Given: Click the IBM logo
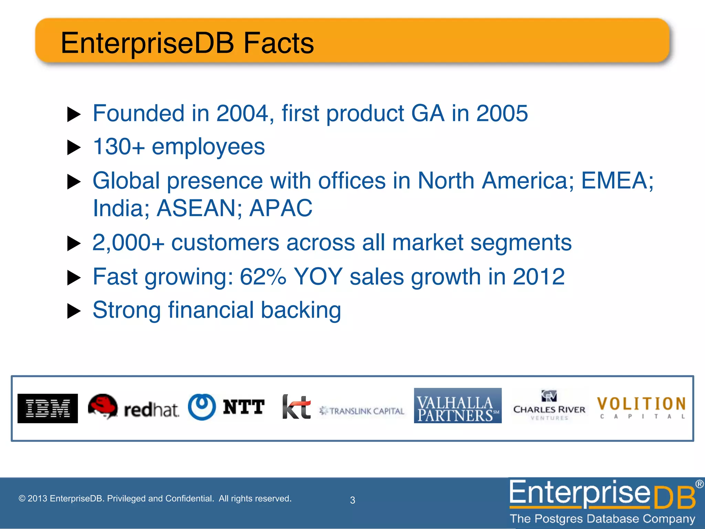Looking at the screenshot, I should coord(48,408).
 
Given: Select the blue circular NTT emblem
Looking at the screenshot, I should coord(202,407).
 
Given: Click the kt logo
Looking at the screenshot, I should coord(296,407).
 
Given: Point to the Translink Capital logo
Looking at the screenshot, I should coord(362,411).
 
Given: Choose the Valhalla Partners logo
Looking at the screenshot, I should coord(457,406).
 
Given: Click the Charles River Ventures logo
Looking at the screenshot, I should coord(549,406).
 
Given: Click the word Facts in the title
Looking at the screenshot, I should coord(278,43).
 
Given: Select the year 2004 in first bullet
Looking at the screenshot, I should coord(242,113).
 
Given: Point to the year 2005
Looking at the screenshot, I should coord(502,113).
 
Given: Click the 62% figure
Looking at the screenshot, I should coord(263,277).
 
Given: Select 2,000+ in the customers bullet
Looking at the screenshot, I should coord(128,242).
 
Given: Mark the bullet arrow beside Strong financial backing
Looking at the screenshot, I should coord(74,311).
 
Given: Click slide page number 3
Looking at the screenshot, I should coord(352,500).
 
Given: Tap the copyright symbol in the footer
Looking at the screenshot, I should coord(22,499).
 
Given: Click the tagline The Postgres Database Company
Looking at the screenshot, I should coord(602,519).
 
